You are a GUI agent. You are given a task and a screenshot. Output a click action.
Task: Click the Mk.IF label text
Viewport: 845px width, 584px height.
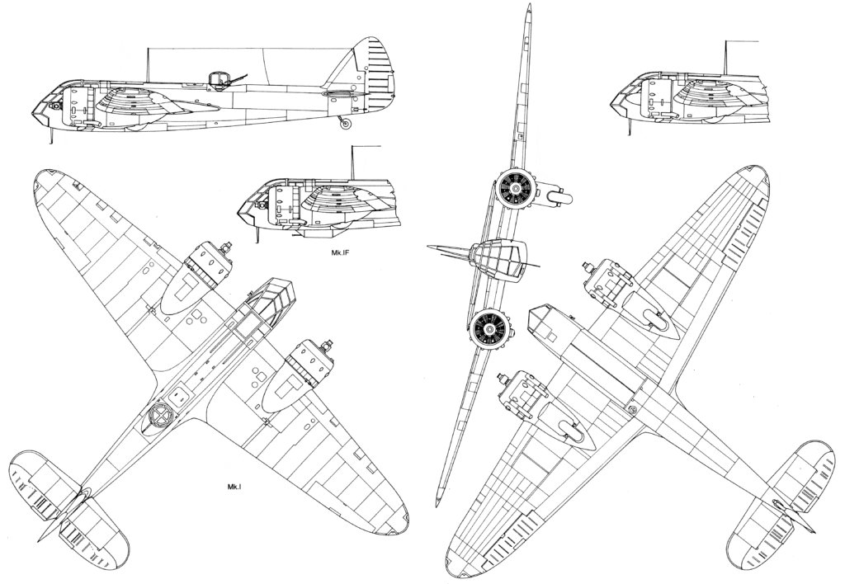pyautogui.click(x=341, y=251)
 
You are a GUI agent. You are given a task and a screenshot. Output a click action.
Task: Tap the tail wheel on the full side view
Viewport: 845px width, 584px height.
pyautogui.click(x=346, y=124)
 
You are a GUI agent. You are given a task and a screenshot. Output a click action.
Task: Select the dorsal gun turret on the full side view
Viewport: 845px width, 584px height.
pyautogui.click(x=219, y=79)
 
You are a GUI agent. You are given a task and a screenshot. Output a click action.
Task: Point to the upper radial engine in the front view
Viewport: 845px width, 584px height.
pyautogui.click(x=516, y=189)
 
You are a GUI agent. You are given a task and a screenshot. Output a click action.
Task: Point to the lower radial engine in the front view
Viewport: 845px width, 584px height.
pyautogui.click(x=490, y=328)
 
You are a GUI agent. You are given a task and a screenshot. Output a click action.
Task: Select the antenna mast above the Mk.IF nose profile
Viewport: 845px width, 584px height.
pyautogui.click(x=352, y=162)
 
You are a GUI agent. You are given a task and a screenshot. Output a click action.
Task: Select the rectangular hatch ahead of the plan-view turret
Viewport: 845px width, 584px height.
pyautogui.click(x=179, y=396)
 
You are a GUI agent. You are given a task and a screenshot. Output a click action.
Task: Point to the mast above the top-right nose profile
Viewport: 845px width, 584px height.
pyautogui.click(x=725, y=57)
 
